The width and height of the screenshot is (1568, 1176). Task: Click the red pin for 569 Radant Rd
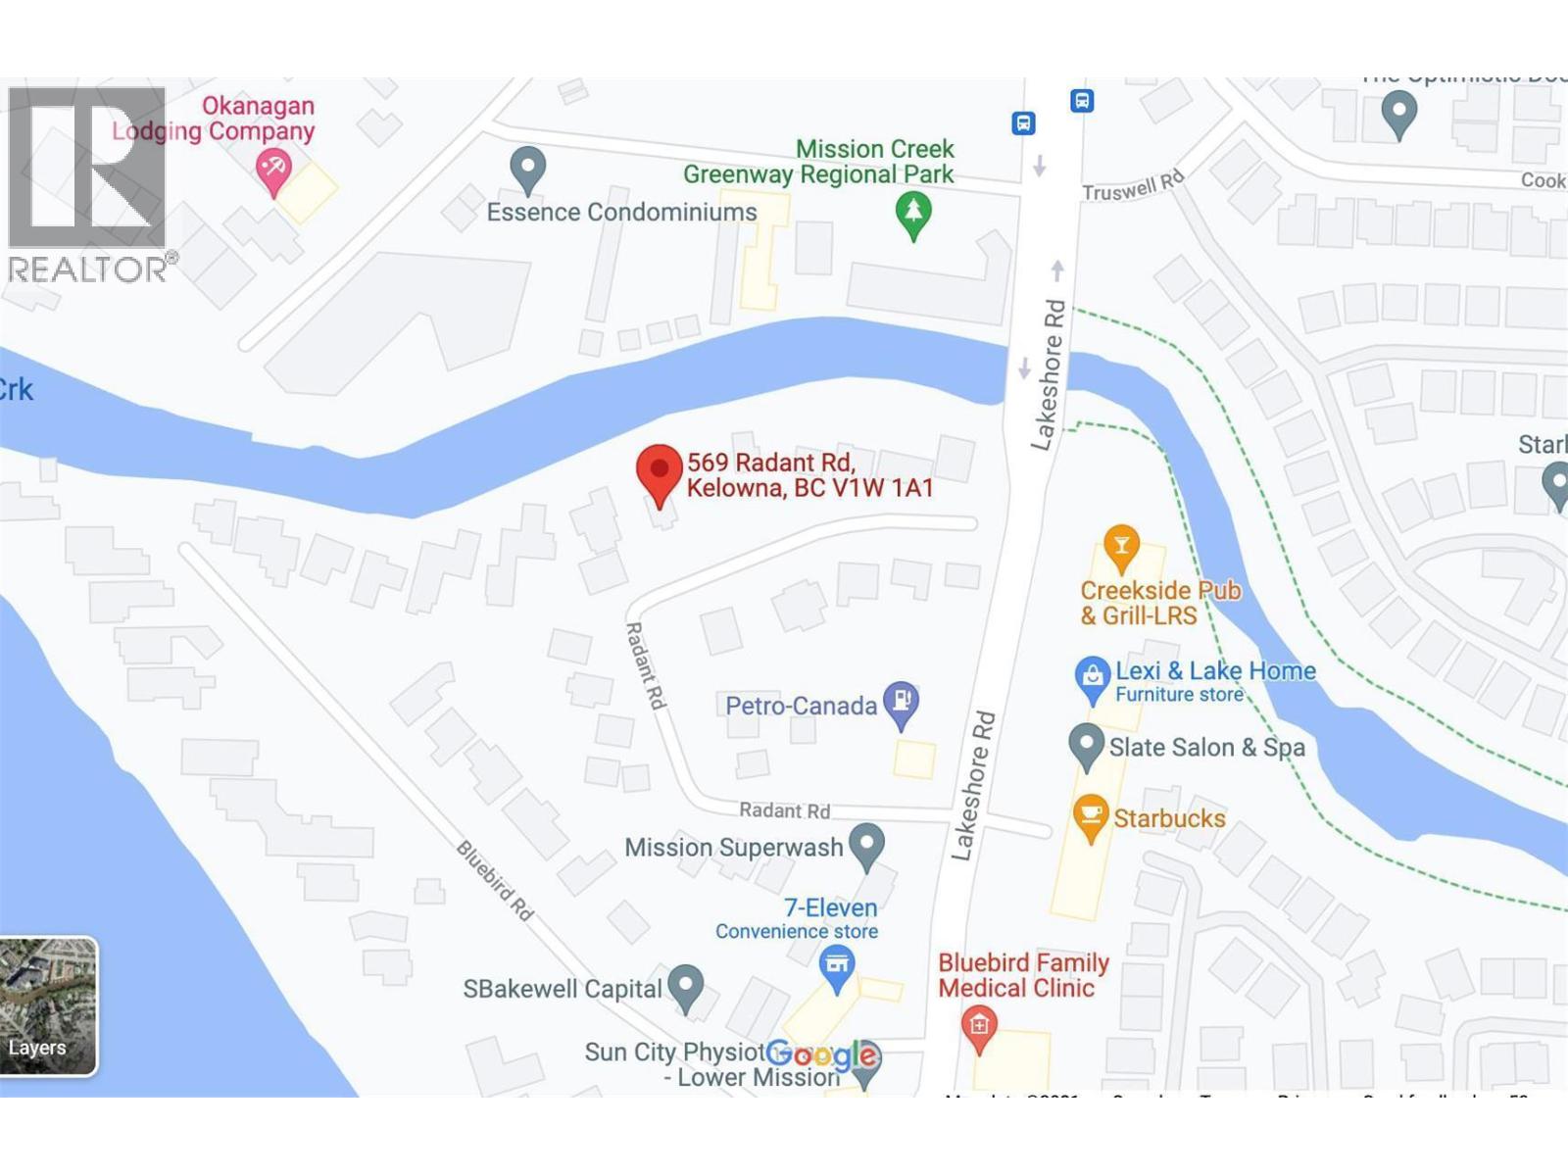pos(660,471)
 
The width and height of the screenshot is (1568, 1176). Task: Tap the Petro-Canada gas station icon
pos(901,702)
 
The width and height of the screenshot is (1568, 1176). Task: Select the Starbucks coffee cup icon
pos(1090,815)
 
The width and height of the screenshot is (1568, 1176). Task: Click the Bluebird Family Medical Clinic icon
pos(978,1027)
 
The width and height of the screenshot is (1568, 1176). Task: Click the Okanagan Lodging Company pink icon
pos(273,171)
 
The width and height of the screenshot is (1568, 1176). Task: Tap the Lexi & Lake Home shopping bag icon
pos(1092,677)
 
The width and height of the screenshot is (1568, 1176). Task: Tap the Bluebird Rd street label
pos(495,880)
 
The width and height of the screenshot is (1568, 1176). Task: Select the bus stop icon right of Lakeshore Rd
pos(1082,100)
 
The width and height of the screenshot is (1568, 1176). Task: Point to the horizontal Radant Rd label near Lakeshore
pos(784,810)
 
